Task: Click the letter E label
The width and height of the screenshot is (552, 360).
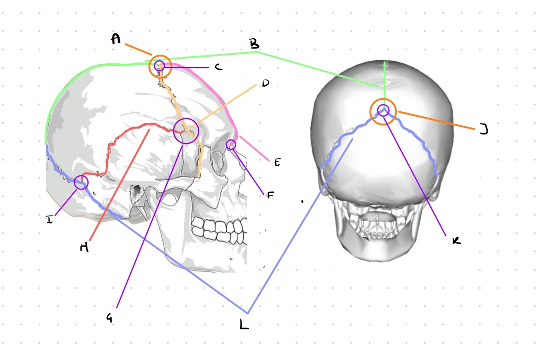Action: tap(277, 162)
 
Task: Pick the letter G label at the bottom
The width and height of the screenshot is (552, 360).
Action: tap(109, 317)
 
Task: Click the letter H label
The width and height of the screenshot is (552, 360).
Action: tap(84, 247)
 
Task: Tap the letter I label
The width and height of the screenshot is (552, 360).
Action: tap(50, 220)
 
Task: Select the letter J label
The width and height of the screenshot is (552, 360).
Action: tap(483, 130)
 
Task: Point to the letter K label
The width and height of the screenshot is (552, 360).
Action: tap(456, 240)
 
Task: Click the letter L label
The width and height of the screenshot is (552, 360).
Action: tap(244, 324)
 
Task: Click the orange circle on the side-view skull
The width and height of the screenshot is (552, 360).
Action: tap(160, 66)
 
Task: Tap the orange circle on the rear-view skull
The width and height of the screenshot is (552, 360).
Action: tap(383, 111)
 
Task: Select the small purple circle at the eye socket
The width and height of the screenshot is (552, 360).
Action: tap(231, 144)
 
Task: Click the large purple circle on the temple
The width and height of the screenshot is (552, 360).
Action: tap(186, 131)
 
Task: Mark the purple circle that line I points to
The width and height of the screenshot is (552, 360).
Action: tap(81, 182)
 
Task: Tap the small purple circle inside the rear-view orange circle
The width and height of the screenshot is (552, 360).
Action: tap(384, 110)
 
